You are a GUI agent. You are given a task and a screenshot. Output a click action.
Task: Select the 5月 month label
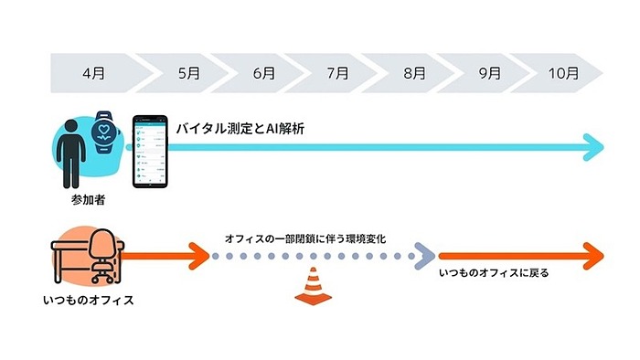click(189, 71)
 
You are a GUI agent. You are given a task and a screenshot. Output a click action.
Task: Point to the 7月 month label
click(336, 71)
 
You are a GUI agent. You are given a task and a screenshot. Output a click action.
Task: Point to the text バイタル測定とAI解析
click(240, 130)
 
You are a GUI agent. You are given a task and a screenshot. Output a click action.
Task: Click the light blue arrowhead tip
click(595, 145)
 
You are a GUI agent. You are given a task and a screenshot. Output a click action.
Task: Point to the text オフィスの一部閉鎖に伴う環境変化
click(305, 238)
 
